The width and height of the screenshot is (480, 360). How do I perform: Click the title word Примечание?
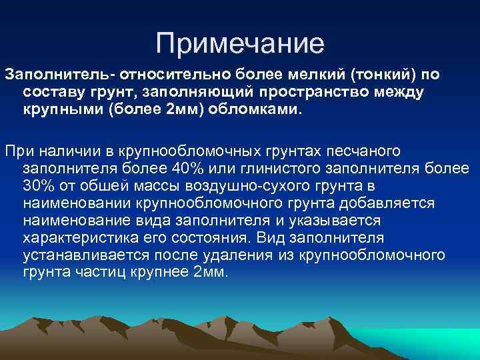pyautogui.click(x=239, y=43)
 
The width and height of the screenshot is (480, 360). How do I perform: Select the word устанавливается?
pyautogui.click(x=77, y=255)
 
